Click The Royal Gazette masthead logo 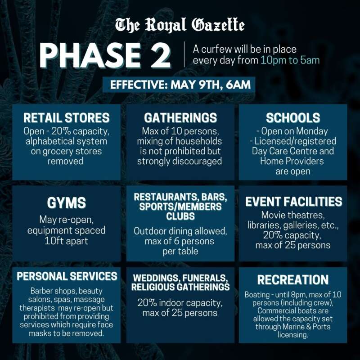coord(180,25)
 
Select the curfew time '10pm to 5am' coord(290,60)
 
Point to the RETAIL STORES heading coord(66,118)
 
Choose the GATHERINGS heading coord(180,118)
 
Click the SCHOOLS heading coord(293,118)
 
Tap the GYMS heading coord(66,203)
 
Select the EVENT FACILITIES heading coord(294,202)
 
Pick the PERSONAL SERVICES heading coord(67,276)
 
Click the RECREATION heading coord(293,279)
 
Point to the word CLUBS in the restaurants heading coord(180,216)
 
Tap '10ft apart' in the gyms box coord(66,241)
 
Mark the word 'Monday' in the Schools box coord(312,131)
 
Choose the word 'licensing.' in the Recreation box coord(293,335)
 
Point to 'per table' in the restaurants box coord(180,251)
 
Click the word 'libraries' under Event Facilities coord(264,225)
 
